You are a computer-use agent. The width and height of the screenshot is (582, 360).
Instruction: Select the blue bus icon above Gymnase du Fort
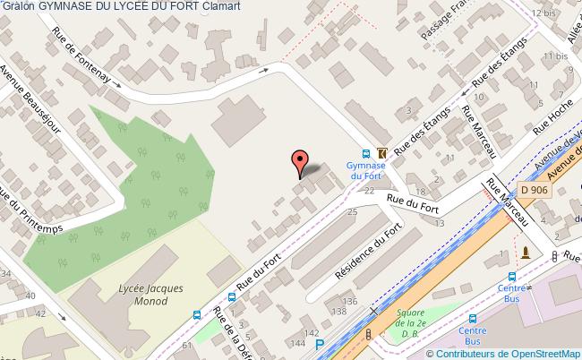(365, 153)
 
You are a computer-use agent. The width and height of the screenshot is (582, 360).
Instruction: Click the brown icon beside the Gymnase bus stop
(382, 153)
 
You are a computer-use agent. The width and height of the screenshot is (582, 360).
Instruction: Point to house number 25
(351, 212)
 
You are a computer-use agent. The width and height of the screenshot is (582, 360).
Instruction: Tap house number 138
(338, 312)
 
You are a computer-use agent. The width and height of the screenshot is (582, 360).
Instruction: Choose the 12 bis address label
(542, 13)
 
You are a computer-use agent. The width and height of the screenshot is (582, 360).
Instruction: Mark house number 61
(186, 345)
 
